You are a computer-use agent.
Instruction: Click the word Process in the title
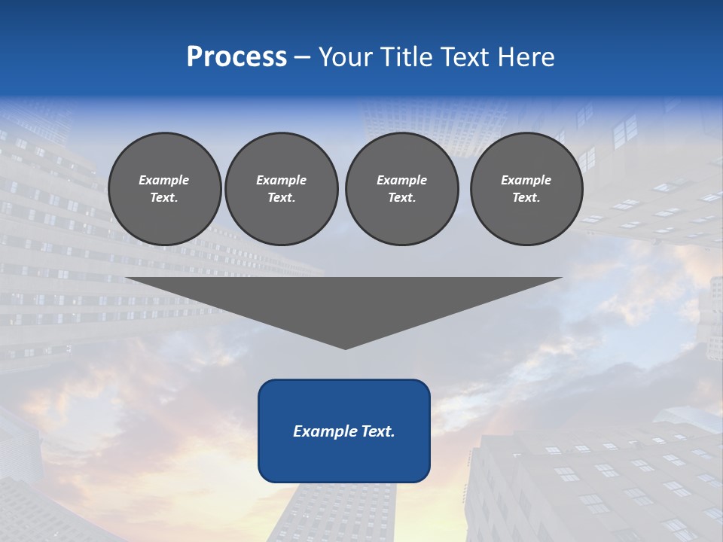(x=236, y=57)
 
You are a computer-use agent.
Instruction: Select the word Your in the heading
(x=343, y=57)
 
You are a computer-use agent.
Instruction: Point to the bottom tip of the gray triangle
(x=345, y=348)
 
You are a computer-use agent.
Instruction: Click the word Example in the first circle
(x=164, y=180)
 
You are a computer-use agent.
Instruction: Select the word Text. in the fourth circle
(x=526, y=197)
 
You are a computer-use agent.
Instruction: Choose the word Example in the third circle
(x=401, y=180)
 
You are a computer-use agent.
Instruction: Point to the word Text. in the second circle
(x=281, y=197)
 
